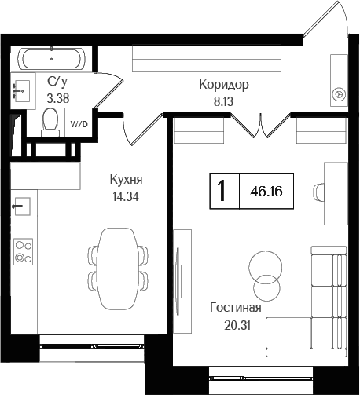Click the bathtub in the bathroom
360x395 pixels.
[x=53, y=58]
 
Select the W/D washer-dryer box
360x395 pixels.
[x=79, y=124]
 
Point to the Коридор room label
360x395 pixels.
[x=223, y=85]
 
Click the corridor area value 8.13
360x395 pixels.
[x=223, y=101]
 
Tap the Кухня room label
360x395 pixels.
[x=126, y=179]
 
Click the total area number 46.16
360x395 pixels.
[x=268, y=191]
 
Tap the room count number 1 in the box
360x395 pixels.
[x=224, y=191]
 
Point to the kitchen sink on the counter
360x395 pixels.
[x=22, y=207]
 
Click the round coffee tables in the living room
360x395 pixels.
[x=264, y=276]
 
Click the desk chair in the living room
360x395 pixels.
[x=320, y=191]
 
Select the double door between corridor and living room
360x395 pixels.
[x=259, y=125]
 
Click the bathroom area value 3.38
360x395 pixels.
[x=57, y=98]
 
